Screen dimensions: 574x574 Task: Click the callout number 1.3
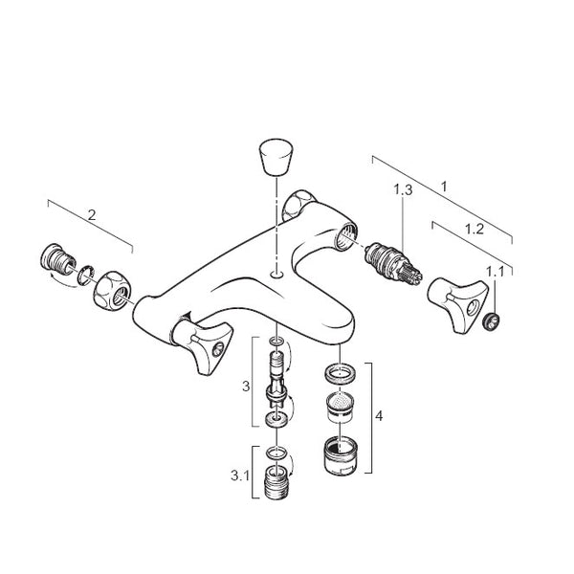[403, 190]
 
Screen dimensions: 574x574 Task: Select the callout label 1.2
[475, 230]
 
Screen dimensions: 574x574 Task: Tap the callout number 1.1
[495, 272]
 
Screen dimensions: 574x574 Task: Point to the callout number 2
[92, 215]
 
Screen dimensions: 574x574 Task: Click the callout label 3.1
[240, 475]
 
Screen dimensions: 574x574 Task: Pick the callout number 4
[379, 416]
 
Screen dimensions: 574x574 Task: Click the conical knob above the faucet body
[276, 156]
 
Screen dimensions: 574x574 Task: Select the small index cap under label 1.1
[491, 321]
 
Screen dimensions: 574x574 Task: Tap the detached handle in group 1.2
[458, 305]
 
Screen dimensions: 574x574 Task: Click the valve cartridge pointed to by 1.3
[394, 263]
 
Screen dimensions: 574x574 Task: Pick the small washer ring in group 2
[85, 276]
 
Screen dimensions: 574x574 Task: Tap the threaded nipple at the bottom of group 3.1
[276, 482]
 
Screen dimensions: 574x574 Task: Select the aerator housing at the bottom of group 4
[341, 455]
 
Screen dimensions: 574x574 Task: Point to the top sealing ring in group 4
[340, 374]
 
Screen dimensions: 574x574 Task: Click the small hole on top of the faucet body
[276, 274]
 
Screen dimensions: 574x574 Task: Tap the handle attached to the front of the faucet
[202, 342]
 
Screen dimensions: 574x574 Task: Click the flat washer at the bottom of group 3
[276, 419]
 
